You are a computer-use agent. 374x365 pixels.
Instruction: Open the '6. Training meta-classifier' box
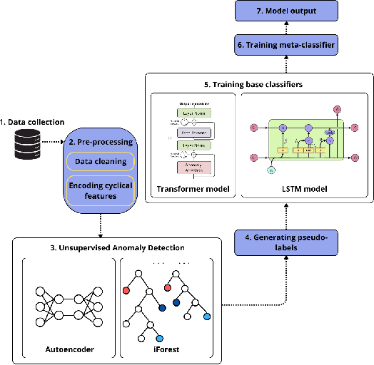pos(286,45)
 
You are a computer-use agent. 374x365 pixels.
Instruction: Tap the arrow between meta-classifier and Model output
pos(286,29)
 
